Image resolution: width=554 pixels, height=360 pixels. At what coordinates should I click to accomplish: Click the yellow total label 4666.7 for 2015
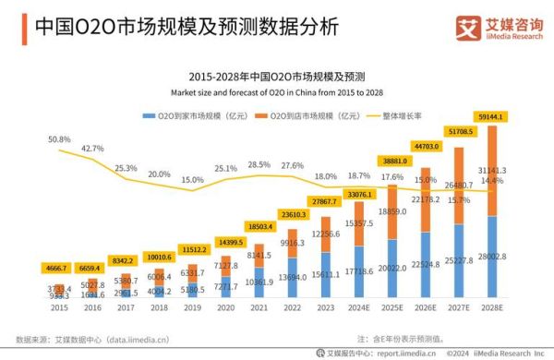click(x=59, y=269)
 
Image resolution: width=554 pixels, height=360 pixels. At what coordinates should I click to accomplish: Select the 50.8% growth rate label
click(x=59, y=139)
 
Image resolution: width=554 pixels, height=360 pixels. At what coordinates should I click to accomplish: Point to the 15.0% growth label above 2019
click(x=192, y=180)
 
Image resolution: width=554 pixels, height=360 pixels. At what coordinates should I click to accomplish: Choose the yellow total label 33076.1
click(x=360, y=195)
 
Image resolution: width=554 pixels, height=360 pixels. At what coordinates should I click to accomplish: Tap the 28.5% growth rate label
click(x=259, y=164)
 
